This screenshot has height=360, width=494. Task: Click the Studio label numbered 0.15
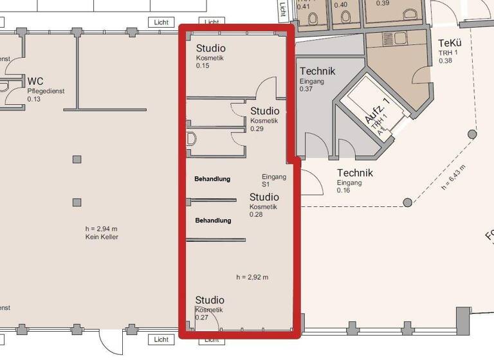click(210, 48)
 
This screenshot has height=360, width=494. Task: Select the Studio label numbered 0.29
click(264, 111)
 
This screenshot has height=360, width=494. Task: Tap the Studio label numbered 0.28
click(264, 197)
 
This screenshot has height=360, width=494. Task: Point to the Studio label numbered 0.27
click(210, 300)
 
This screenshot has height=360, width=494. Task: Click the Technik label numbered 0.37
click(317, 71)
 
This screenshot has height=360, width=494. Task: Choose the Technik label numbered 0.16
click(354, 173)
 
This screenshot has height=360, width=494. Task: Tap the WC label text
click(35, 81)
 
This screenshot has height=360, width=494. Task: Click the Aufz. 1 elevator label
click(377, 112)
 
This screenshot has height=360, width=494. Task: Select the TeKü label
click(450, 43)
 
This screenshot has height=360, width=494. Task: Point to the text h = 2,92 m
click(252, 277)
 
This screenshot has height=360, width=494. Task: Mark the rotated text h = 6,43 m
click(453, 178)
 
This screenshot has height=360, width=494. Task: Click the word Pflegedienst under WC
click(46, 91)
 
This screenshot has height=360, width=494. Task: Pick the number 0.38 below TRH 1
click(445, 60)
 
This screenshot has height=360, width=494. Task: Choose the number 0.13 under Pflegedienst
click(33, 99)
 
